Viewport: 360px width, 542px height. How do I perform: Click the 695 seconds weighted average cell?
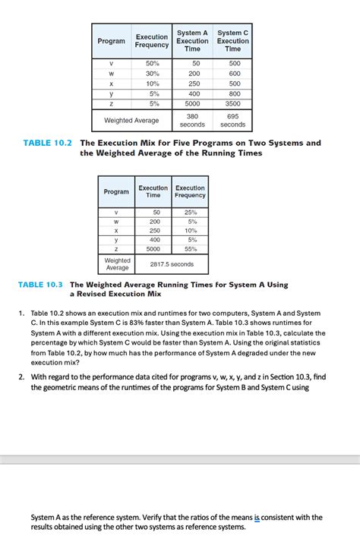232,120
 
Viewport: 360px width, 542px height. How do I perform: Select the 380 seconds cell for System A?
192,120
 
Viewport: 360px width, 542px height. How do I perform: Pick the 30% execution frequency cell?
152,74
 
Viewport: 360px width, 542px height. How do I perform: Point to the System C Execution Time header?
232,41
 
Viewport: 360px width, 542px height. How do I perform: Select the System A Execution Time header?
192,41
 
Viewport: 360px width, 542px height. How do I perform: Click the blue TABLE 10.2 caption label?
48,143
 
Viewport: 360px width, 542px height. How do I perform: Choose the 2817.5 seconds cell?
172,264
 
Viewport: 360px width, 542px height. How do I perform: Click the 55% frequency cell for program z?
190,248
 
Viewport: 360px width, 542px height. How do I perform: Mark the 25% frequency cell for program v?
190,213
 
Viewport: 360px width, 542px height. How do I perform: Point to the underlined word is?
257,518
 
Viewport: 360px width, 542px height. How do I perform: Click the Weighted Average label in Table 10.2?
131,120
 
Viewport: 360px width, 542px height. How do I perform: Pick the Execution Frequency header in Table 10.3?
190,191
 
